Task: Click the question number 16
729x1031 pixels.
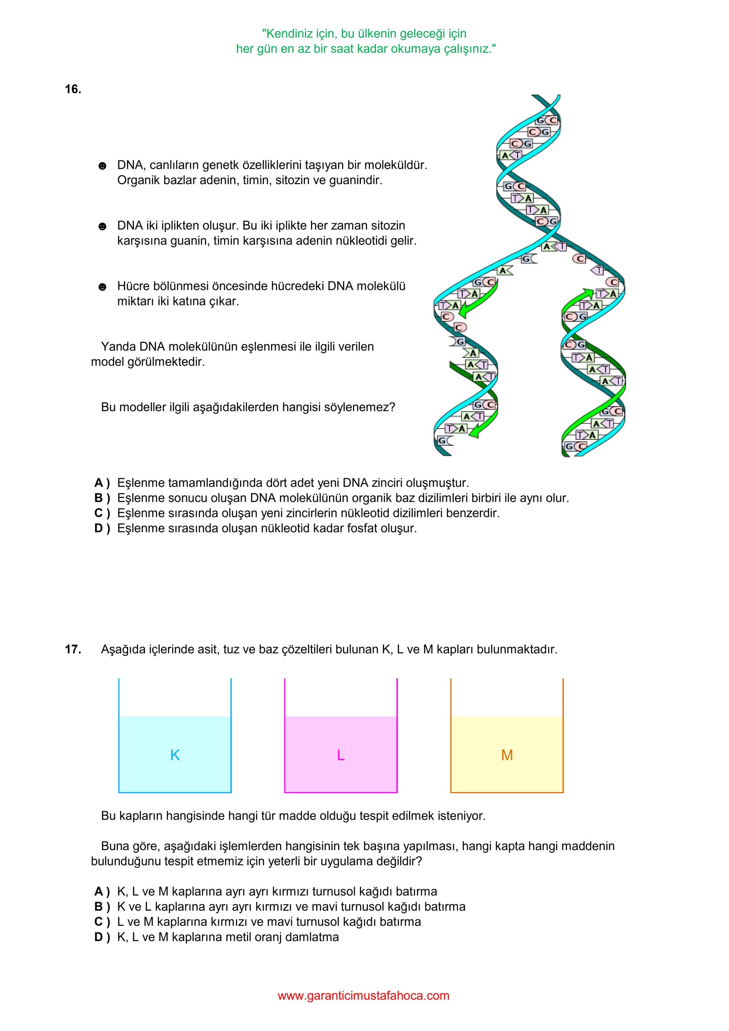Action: [73, 89]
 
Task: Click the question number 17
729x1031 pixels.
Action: [73, 650]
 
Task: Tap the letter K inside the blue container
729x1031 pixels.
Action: [175, 755]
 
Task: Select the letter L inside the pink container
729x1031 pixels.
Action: [341, 755]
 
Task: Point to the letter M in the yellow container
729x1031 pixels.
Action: [507, 755]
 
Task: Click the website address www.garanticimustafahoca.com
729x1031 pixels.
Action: [364, 996]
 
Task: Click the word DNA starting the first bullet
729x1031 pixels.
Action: [130, 165]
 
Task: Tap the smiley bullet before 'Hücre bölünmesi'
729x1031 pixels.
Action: [103, 287]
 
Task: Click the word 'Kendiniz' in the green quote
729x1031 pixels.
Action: [288, 34]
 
